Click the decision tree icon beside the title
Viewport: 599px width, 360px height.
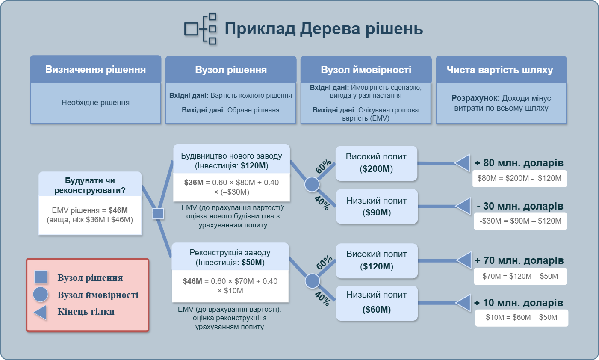201,29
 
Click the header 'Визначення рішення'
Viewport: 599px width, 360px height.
95,69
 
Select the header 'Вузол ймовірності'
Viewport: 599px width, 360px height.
366,70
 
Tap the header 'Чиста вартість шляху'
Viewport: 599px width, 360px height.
501,70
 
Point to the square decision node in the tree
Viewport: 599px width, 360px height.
158,213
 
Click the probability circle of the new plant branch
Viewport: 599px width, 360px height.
312,184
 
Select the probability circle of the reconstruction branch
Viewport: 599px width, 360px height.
313,281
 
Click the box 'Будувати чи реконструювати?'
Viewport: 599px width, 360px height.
90,186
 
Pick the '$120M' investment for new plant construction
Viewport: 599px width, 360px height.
254,166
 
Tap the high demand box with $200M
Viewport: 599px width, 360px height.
376,163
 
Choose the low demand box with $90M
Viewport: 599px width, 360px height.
376,207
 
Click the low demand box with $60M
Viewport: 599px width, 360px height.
376,303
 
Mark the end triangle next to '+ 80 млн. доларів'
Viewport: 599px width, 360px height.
462,163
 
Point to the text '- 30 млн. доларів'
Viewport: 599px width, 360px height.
520,206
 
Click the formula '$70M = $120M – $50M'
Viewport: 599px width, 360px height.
520,276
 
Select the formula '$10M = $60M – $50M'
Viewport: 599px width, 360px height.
522,317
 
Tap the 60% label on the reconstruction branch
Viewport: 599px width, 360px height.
324,263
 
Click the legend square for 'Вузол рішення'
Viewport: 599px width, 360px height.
41,277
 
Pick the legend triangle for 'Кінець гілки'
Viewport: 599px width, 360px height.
40,312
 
